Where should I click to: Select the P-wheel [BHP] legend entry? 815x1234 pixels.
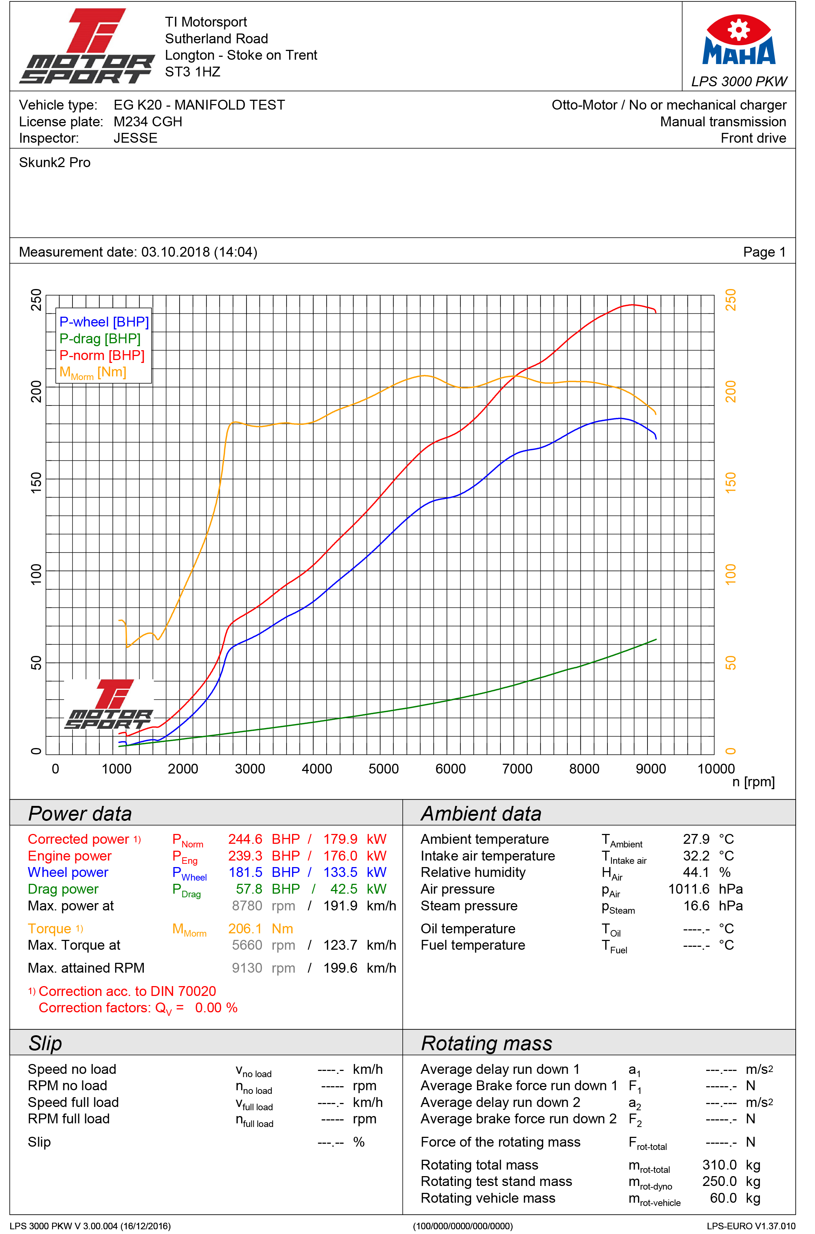pos(104,322)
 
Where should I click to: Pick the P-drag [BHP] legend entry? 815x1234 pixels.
pos(100,339)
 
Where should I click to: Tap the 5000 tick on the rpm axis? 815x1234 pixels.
pos(383,769)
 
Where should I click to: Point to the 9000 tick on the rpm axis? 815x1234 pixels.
pos(651,769)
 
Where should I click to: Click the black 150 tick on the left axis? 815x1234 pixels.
pos(36,483)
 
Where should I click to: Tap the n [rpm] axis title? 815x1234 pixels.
pos(753,782)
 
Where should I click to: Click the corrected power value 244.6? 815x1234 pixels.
pos(245,839)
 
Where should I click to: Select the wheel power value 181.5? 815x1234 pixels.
pos(245,873)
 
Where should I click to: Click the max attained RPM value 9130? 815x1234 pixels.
pos(247,968)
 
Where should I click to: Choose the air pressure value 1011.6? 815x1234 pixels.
pos(689,889)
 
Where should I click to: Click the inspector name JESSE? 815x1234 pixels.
pos(135,138)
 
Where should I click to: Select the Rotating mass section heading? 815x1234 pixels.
pos(487,1043)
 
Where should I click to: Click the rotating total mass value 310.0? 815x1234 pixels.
pos(719,1165)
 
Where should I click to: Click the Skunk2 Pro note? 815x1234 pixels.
pos(55,163)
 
